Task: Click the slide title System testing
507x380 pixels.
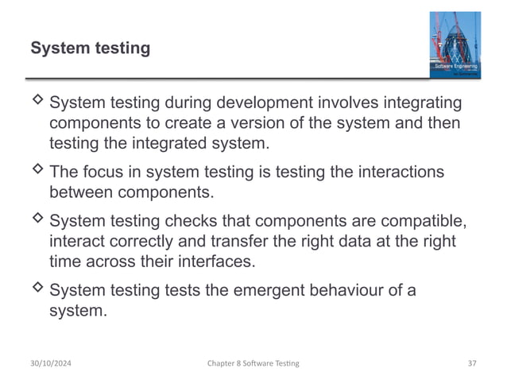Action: [90, 48]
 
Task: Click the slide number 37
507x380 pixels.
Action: [472, 363]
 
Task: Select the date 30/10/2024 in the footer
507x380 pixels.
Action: [55, 363]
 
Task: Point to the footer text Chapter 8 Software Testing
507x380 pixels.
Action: [253, 363]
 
